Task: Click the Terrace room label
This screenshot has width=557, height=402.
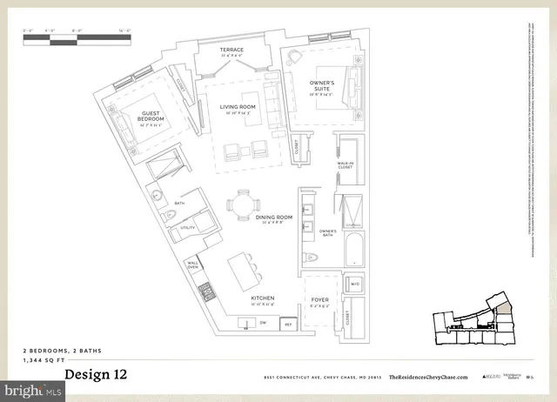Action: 232,50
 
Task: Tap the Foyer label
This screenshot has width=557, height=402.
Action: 320,300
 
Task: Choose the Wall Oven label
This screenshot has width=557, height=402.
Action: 193,265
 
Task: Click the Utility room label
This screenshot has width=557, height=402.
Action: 185,229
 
